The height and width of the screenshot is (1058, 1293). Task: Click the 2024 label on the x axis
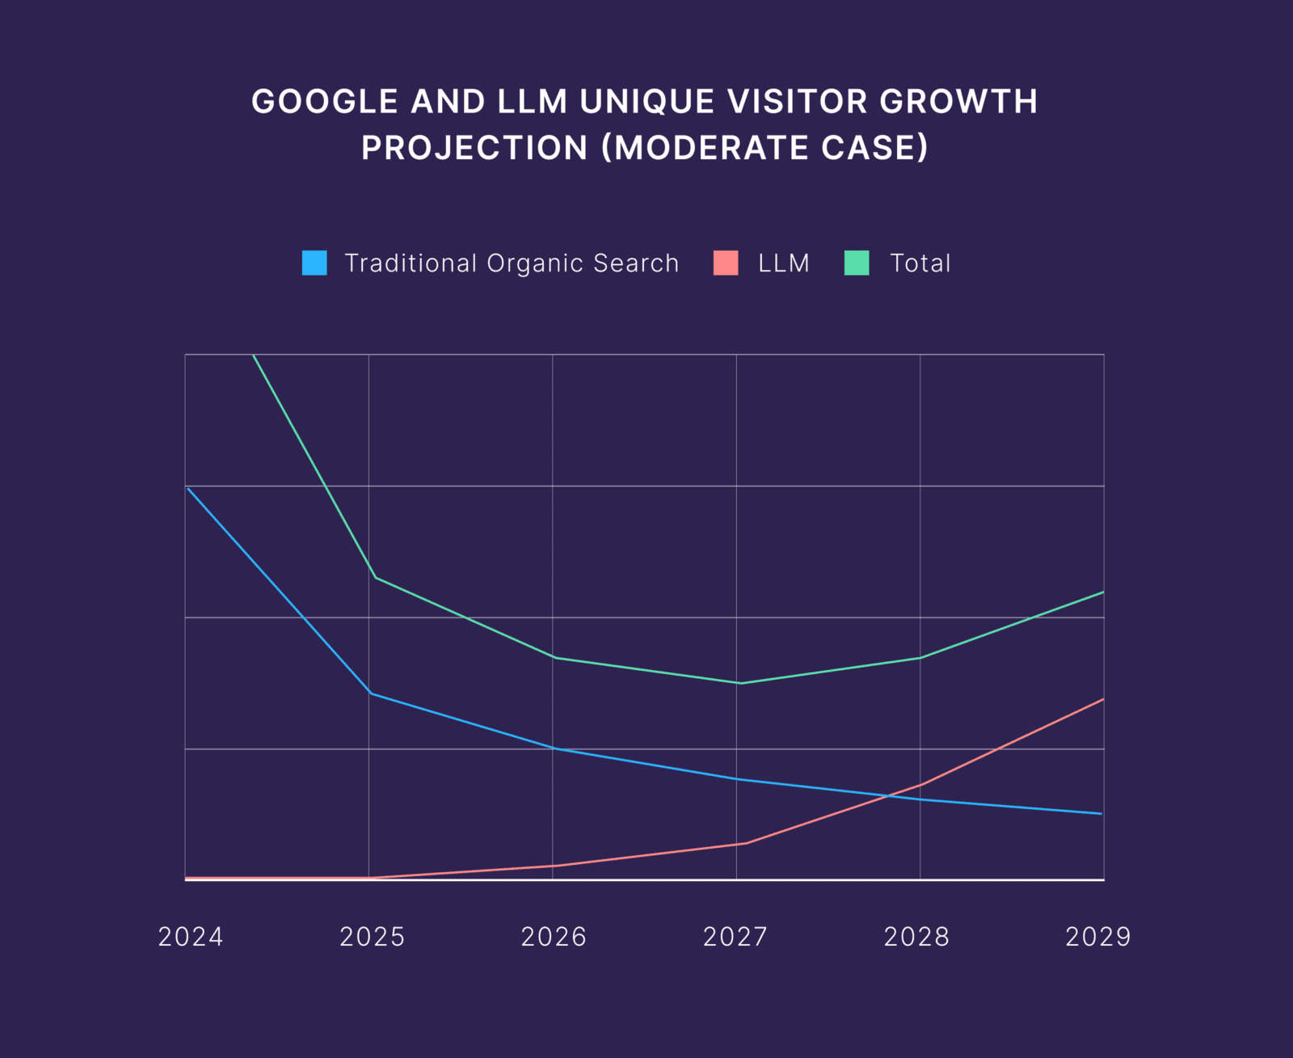(191, 937)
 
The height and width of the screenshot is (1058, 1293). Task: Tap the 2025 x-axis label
(372, 937)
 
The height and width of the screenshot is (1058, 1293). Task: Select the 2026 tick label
(554, 937)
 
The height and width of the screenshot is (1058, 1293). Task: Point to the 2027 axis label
(735, 937)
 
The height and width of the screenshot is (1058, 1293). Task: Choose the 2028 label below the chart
(916, 937)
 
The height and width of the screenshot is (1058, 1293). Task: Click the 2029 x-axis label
(1097, 937)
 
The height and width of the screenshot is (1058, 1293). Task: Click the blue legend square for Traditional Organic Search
(314, 263)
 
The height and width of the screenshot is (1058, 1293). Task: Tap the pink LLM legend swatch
(726, 263)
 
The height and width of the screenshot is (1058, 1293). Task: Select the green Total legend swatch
(857, 263)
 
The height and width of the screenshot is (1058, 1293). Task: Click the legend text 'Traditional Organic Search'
(512, 263)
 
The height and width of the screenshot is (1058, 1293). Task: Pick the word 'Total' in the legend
(920, 263)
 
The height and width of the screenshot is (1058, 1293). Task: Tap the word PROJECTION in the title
(475, 148)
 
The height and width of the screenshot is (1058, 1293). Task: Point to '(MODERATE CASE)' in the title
(765, 148)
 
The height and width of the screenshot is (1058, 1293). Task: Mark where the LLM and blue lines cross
(888, 796)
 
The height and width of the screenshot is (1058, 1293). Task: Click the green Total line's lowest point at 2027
(740, 683)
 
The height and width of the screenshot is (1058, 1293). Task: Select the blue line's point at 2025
(370, 693)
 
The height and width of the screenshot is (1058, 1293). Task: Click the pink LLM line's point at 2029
(1103, 699)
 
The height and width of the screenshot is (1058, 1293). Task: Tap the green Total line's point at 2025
(375, 577)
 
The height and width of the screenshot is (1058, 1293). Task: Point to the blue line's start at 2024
(187, 488)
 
